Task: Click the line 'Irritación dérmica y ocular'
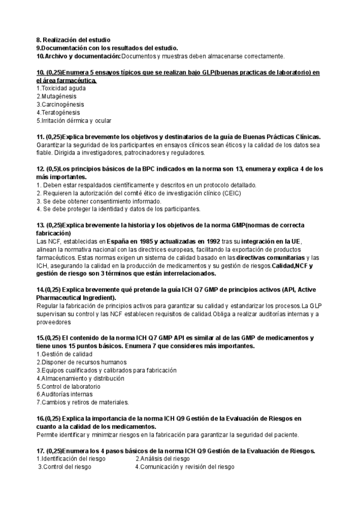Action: [75, 120]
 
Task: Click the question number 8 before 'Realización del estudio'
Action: [38, 40]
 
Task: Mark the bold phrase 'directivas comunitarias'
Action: [269, 257]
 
